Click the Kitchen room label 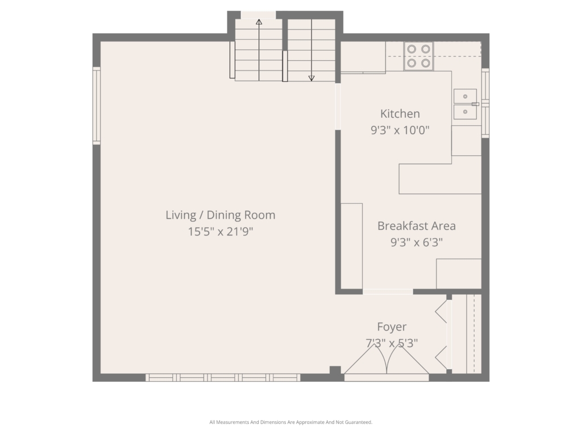pyautogui.click(x=400, y=114)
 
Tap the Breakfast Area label pyautogui.click(x=417, y=226)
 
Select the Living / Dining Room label pyautogui.click(x=221, y=215)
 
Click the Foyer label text pyautogui.click(x=392, y=327)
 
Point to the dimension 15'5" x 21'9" pyautogui.click(x=221, y=232)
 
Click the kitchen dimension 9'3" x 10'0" pyautogui.click(x=400, y=130)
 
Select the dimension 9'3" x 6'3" pyautogui.click(x=417, y=242)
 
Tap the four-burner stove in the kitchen pyautogui.click(x=419, y=56)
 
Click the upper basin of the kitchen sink pyautogui.click(x=465, y=96)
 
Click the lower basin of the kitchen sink pyautogui.click(x=465, y=112)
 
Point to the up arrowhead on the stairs pyautogui.click(x=259, y=22)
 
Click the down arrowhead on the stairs pyautogui.click(x=312, y=78)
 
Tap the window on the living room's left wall pyautogui.click(x=97, y=106)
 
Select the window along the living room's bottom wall pyautogui.click(x=223, y=378)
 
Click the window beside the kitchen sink pyautogui.click(x=485, y=103)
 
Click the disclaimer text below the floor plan pyautogui.click(x=290, y=422)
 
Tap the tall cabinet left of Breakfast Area pyautogui.click(x=351, y=246)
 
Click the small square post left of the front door pyautogui.click(x=335, y=370)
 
